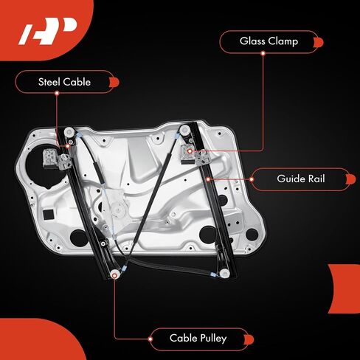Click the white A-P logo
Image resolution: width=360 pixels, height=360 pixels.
48,31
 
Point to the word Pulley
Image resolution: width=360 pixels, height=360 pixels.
212,339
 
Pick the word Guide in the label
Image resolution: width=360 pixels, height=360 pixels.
291,179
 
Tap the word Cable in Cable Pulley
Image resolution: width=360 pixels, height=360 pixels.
183,338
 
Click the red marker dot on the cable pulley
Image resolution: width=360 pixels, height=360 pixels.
114,276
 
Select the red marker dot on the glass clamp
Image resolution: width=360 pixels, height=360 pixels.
190,151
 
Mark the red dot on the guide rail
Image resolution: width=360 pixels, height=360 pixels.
208,179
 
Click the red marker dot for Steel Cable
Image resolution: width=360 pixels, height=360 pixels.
68,147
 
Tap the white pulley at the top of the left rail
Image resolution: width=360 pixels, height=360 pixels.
69,132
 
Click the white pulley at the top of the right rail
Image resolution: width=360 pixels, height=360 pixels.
184,130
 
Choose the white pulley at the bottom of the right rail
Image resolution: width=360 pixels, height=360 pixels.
224,274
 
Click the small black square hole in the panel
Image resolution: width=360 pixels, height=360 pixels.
48,215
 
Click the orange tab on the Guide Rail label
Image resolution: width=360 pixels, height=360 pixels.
350,179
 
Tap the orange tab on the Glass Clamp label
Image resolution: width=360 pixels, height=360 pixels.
319,42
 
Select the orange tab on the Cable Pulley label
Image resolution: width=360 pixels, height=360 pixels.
249,339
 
